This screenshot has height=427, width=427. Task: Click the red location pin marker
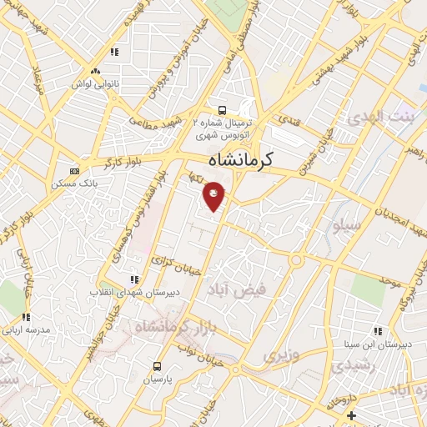pyautogui.click(x=214, y=195)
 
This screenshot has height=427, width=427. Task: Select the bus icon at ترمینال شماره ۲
pyautogui.click(x=222, y=109)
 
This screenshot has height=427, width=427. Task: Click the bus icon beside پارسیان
pyautogui.click(x=157, y=366)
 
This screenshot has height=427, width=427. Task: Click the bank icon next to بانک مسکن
pyautogui.click(x=75, y=170)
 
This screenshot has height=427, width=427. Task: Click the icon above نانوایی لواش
pyautogui.click(x=97, y=73)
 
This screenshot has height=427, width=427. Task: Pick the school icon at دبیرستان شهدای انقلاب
pyautogui.click(x=133, y=279)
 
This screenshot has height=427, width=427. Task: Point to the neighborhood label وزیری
pyautogui.click(x=280, y=355)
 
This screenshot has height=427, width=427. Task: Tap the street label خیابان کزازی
pyautogui.click(x=173, y=264)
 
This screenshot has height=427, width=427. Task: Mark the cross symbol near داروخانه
pyautogui.click(x=352, y=415)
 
